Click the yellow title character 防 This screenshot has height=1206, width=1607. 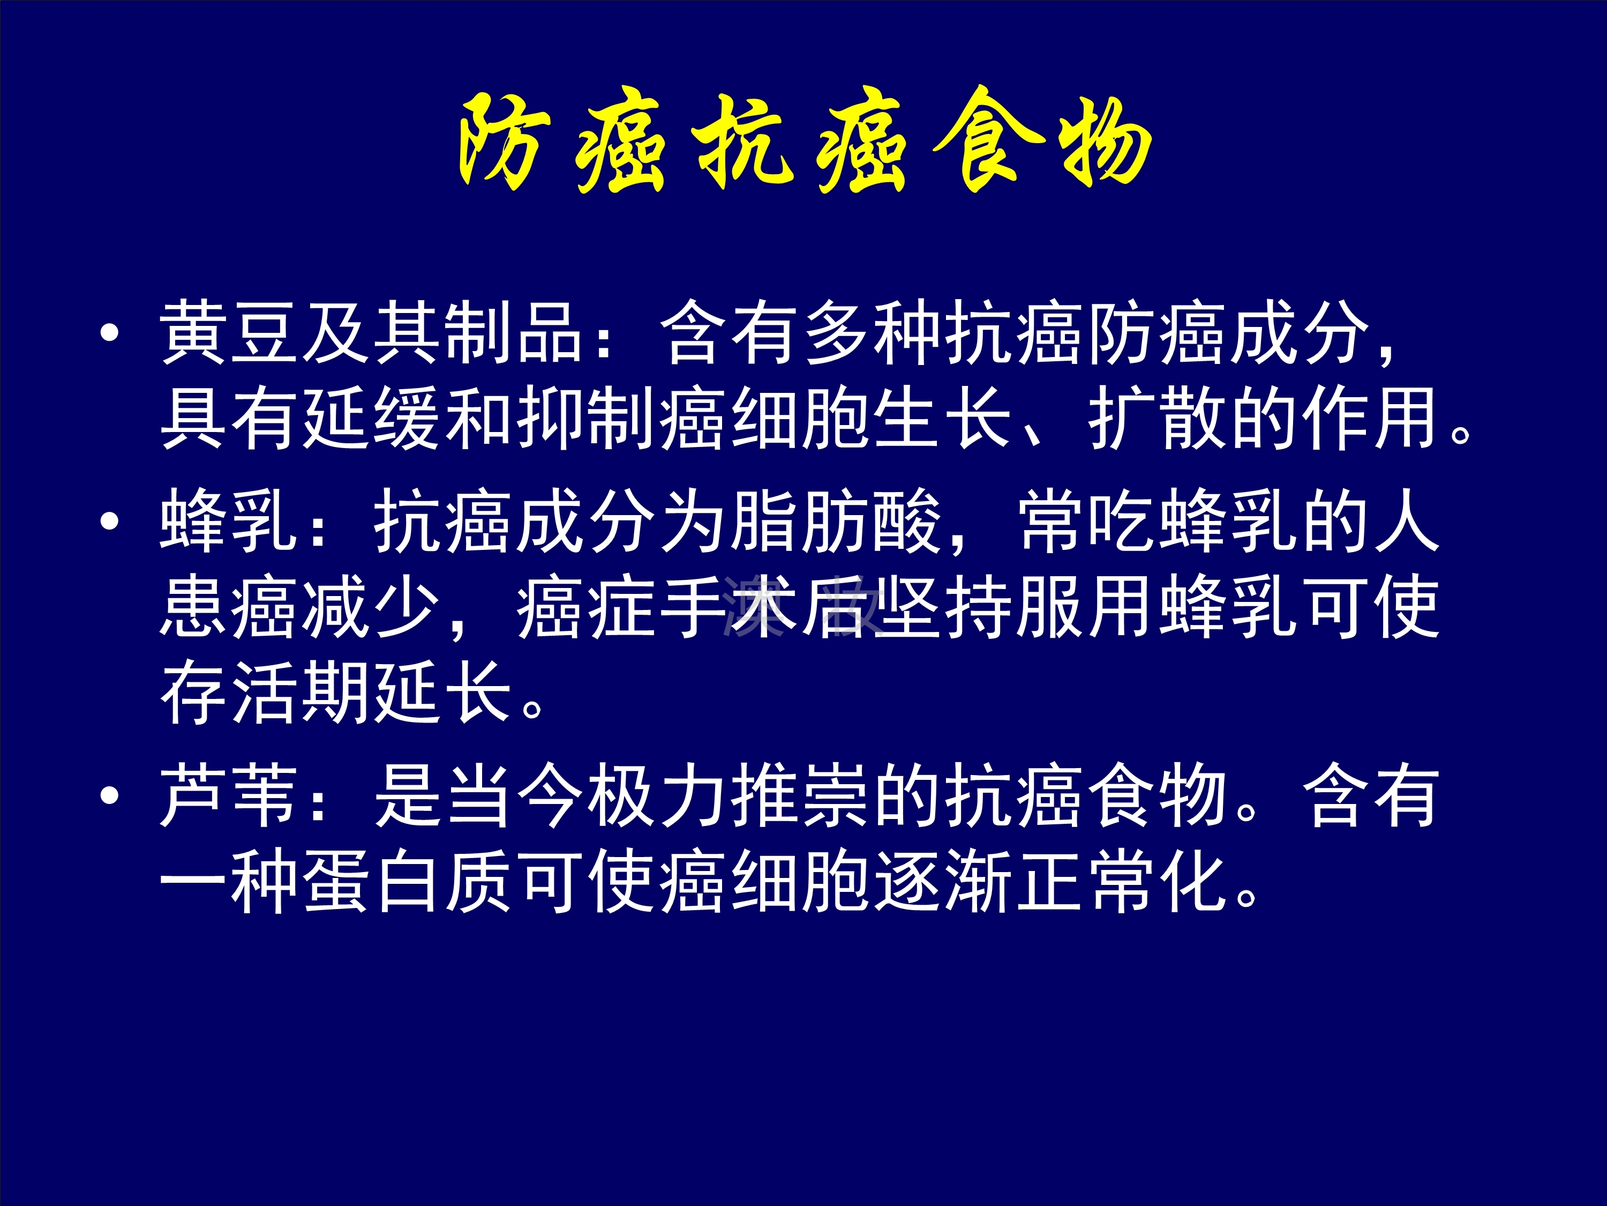point(501,142)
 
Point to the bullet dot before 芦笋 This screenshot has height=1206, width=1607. point(110,796)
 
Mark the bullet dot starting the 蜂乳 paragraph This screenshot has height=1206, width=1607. point(110,521)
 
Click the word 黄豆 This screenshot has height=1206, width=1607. point(230,333)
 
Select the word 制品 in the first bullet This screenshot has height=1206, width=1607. point(515,333)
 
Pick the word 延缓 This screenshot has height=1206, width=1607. point(373,418)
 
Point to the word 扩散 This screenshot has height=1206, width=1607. point(1157,418)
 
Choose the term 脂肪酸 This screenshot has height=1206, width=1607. point(836,520)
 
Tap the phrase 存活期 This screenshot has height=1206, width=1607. point(266,692)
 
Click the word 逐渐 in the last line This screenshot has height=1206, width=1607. point(944,881)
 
